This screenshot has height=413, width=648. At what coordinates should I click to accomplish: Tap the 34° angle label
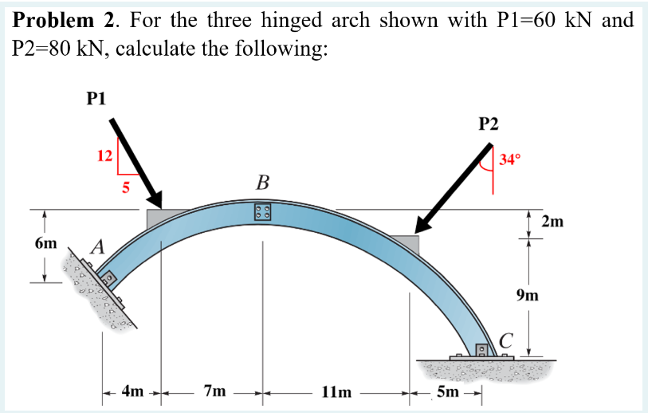[510, 159]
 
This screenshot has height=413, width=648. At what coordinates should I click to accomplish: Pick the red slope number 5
[125, 189]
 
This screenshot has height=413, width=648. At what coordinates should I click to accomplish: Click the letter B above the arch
[262, 185]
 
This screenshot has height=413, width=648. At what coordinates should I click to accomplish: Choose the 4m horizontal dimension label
[133, 391]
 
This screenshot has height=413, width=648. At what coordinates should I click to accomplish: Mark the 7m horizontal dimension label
[214, 391]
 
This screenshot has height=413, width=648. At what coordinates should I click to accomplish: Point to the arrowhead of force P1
[155, 201]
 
